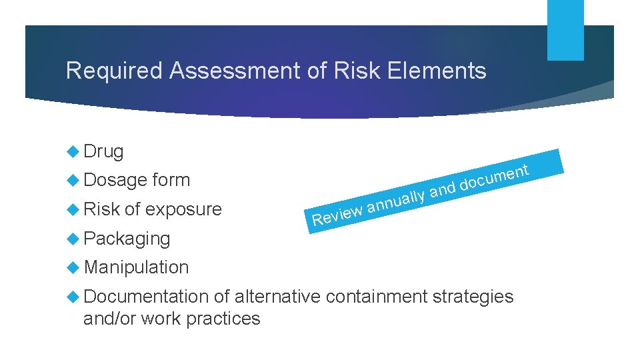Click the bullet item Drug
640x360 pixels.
coord(103,152)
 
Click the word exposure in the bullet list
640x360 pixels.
coord(183,210)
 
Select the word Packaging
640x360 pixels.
coord(127,239)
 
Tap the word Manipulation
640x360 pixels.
coord(137,267)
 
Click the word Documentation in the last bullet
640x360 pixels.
coord(146,296)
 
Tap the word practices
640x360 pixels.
coord(223,319)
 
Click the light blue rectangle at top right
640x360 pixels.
coord(565,30)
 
